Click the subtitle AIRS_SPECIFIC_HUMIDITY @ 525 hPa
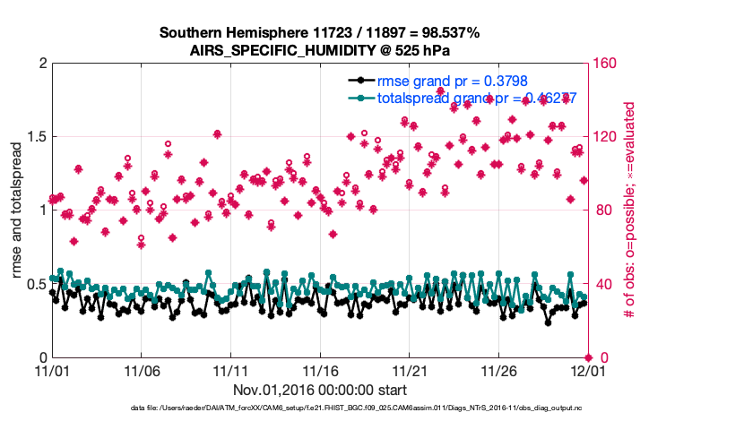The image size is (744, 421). [x=320, y=51]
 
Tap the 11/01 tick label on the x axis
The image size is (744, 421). [x=51, y=370]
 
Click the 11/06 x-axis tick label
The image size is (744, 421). [x=141, y=370]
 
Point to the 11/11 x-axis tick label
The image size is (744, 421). [x=229, y=370]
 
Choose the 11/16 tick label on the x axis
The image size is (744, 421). [x=319, y=370]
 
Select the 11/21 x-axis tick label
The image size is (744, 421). [x=408, y=370]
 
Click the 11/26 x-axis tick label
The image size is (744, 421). [x=497, y=370]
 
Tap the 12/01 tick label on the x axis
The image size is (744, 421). [x=586, y=370]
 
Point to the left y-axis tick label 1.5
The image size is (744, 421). [x=36, y=137]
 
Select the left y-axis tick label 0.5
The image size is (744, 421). [x=36, y=285]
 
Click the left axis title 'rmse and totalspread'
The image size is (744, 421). [x=17, y=210]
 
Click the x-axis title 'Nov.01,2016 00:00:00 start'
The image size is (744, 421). [x=320, y=390]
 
